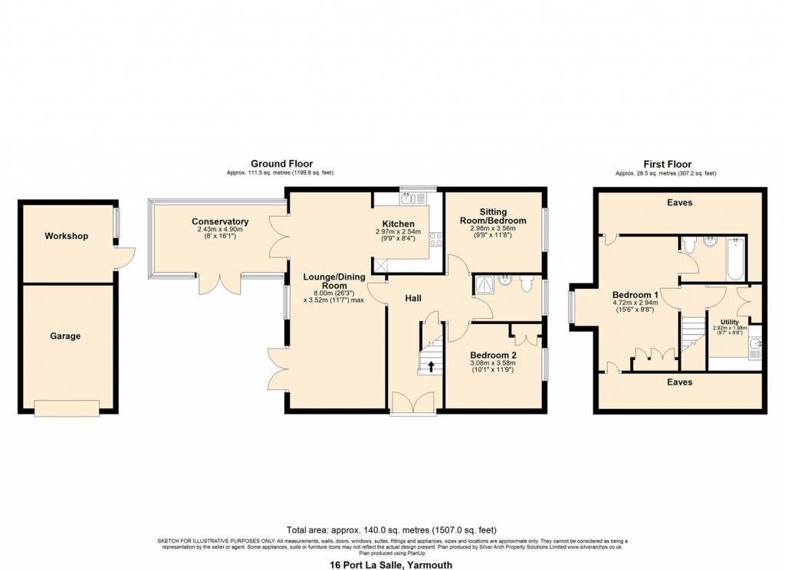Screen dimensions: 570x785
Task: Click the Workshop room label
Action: [66, 236]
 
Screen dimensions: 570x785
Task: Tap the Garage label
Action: [66, 336]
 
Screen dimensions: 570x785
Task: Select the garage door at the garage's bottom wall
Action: [67, 409]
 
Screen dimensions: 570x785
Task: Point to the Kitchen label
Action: [398, 224]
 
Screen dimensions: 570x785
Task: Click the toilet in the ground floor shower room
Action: [526, 284]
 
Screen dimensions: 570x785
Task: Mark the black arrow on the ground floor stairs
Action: [431, 365]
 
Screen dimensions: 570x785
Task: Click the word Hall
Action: [414, 298]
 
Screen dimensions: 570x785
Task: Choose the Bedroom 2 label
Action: [492, 355]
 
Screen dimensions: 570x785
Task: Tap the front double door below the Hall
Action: [412, 404]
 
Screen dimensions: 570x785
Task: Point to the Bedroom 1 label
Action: [635, 295]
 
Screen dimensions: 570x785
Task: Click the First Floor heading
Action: [666, 164]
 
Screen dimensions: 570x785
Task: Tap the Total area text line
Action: [392, 529]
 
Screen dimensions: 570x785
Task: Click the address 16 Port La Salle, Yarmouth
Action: [392, 565]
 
